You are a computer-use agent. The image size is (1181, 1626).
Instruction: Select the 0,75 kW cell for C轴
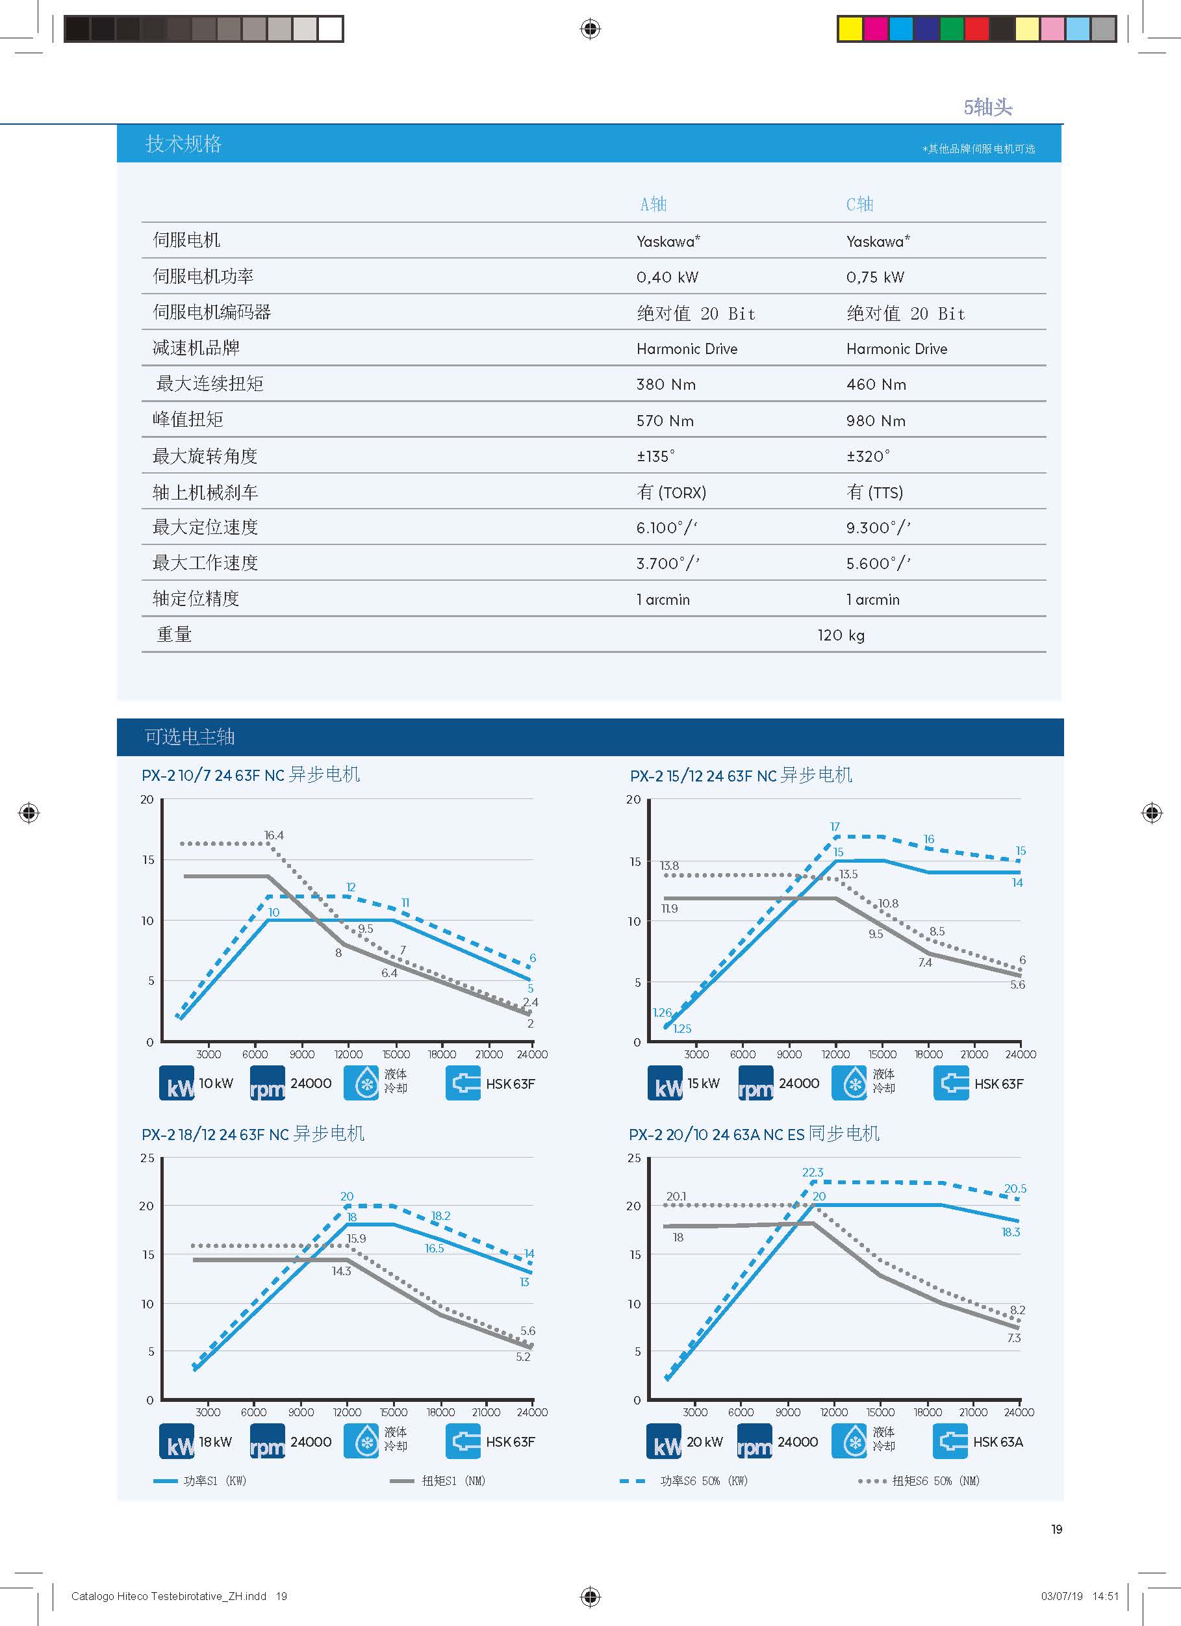[875, 277]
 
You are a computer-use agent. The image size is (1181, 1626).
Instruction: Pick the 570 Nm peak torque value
[665, 421]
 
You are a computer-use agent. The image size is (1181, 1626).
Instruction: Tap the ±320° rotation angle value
[868, 456]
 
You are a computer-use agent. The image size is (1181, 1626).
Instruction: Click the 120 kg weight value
[841, 635]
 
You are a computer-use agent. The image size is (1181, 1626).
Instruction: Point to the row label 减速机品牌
[196, 348]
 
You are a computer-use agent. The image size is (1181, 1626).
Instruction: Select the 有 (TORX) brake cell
[671, 492]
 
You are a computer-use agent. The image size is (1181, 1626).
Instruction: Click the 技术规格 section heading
[184, 144]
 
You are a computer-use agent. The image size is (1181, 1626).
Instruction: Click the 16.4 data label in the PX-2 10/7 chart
[273, 835]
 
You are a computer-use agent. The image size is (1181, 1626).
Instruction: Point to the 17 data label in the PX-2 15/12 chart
[835, 826]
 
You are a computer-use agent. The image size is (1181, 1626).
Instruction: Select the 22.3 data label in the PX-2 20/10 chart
[813, 1172]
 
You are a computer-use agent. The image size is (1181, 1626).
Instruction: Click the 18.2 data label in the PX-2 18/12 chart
[440, 1216]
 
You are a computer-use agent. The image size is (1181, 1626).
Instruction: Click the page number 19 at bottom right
[1056, 1529]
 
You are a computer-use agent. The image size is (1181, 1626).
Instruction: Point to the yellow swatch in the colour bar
[850, 29]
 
